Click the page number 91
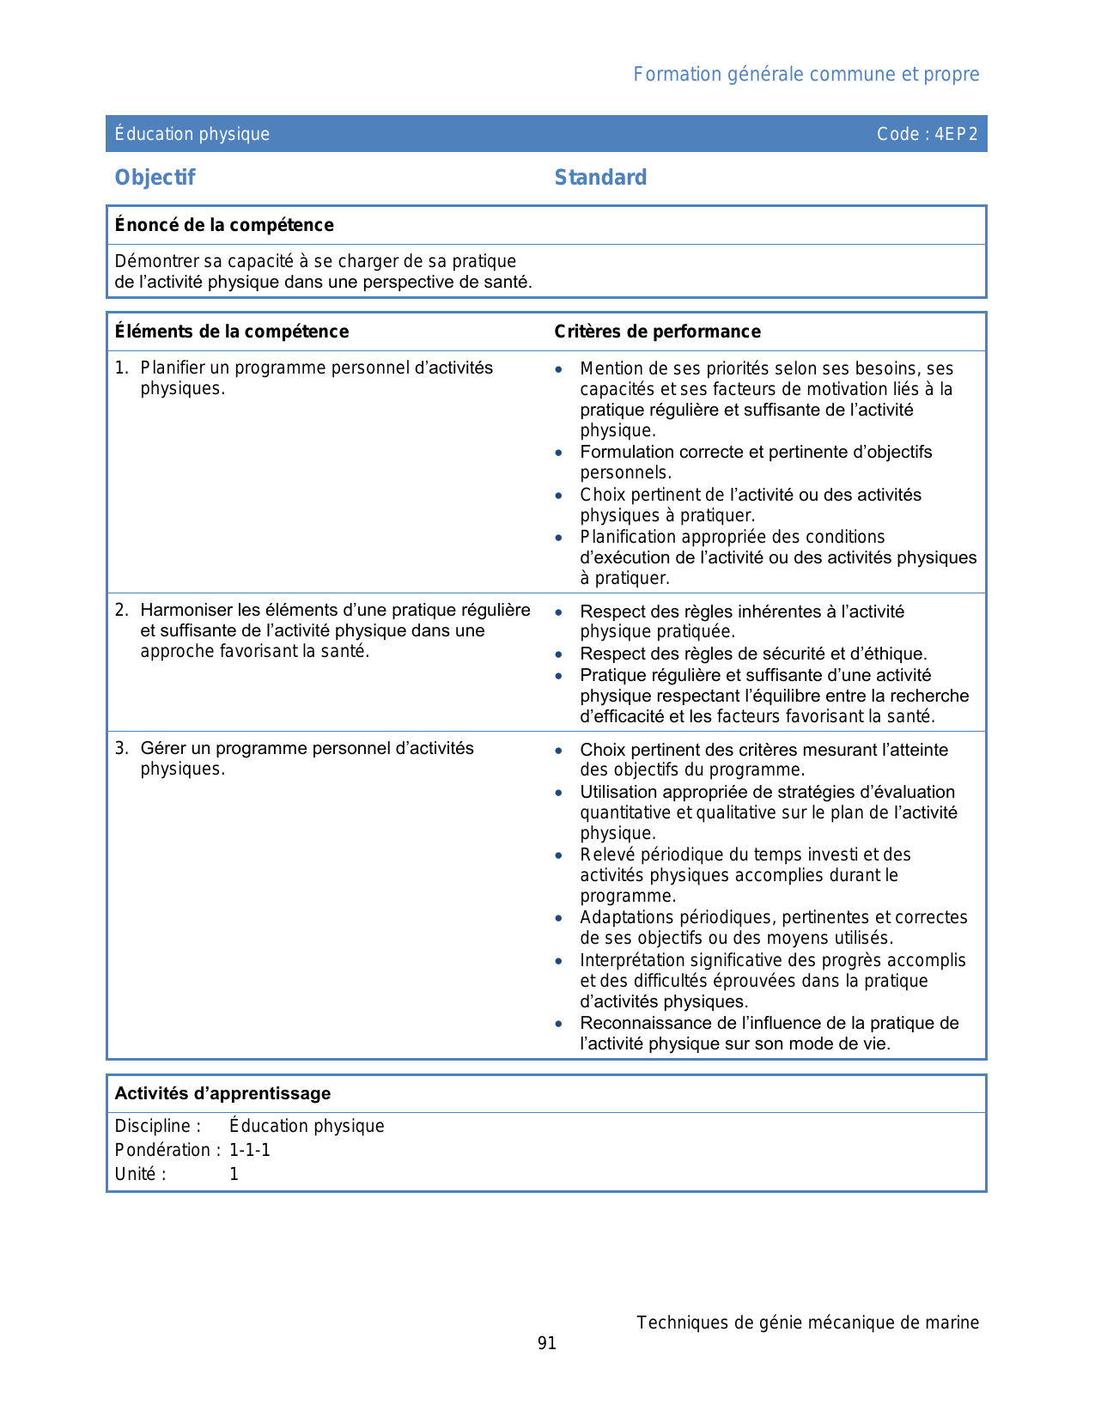tap(547, 1343)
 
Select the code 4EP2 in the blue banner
tap(956, 134)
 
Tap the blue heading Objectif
tap(155, 178)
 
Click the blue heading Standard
tap(600, 178)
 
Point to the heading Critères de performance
tap(657, 331)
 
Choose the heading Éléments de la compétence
tap(232, 331)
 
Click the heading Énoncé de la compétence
tap(224, 225)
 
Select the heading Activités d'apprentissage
tap(222, 1093)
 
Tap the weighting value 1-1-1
tap(250, 1150)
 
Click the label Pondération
tap(163, 1150)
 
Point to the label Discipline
tap(155, 1126)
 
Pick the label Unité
tap(137, 1174)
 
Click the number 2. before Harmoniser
tap(122, 611)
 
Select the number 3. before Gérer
tap(122, 749)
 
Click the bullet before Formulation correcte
tap(559, 453)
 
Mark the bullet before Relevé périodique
tap(559, 855)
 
